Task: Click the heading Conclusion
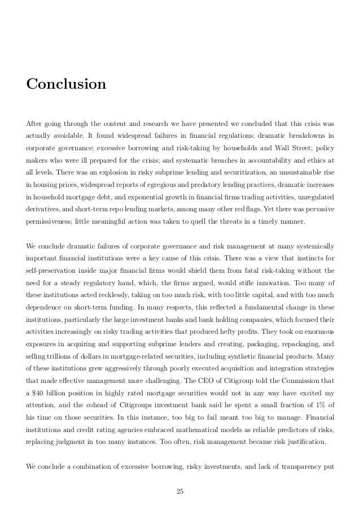click(x=66, y=85)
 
